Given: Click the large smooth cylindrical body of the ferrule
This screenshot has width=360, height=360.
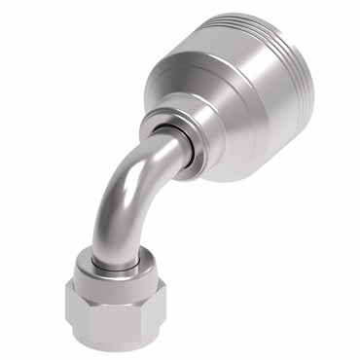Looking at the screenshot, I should click(224, 107).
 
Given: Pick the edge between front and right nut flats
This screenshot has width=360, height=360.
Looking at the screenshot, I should click(134, 313).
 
